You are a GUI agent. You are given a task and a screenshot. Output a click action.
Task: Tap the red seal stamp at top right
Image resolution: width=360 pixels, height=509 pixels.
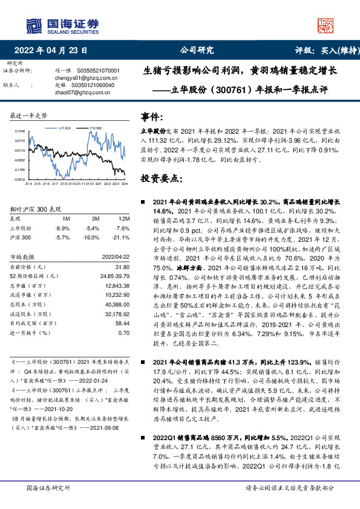(x=326, y=25)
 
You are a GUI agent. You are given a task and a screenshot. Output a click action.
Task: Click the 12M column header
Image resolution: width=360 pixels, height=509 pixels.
(x=125, y=218)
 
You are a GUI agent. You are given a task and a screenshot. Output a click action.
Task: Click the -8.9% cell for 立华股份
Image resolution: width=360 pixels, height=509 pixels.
(x=62, y=228)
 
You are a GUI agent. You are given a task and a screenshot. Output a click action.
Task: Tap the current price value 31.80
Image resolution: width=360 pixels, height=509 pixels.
(x=122, y=267)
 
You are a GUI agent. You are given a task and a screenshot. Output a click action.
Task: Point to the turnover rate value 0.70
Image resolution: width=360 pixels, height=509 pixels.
(x=123, y=332)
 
